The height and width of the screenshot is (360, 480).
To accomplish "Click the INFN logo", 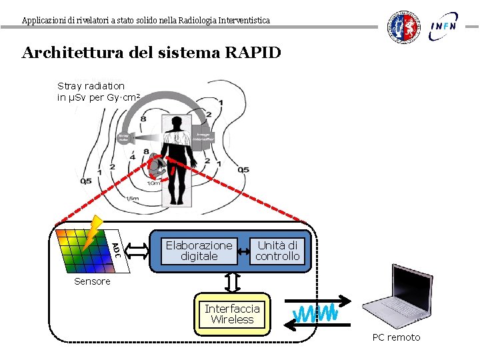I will click(444, 26).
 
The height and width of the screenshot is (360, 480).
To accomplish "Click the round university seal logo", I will click(405, 27).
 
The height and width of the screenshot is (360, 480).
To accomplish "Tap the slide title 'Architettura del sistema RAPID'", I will click(151, 53).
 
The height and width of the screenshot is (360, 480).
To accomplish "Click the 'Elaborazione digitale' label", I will click(199, 251).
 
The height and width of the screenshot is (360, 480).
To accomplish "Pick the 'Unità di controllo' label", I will click(277, 251).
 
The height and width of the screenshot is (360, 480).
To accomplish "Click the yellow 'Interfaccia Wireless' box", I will click(232, 313).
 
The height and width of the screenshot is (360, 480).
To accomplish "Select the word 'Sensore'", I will click(92, 281).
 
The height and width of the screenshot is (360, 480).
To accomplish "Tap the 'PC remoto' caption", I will click(396, 337).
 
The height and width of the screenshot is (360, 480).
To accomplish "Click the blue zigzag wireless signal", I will click(317, 313).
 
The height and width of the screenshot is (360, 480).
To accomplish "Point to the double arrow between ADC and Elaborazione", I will click(138, 250).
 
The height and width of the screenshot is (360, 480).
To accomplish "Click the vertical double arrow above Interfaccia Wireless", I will click(232, 283).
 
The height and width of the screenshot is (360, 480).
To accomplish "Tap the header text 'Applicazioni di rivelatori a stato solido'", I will click(145, 20).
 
